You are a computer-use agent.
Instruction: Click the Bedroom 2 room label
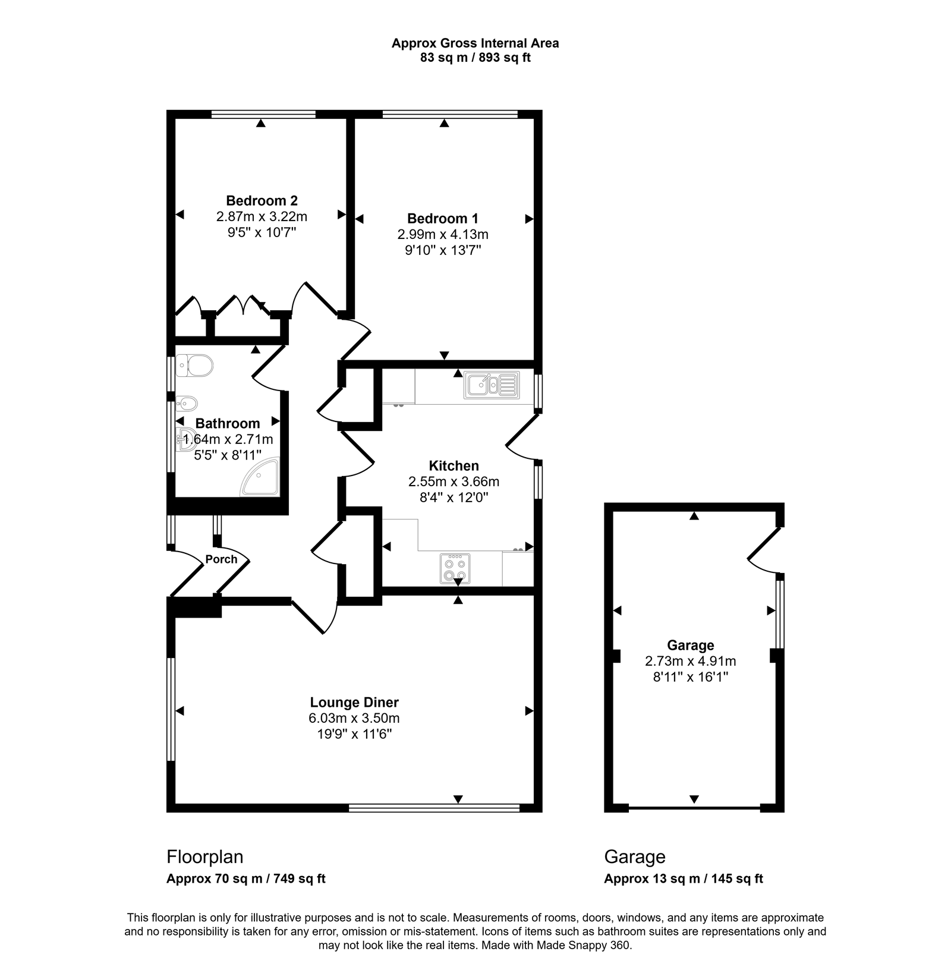pos(262,200)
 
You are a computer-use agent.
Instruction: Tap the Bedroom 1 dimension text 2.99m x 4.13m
pos(443,234)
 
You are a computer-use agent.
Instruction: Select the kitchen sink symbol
pos(492,385)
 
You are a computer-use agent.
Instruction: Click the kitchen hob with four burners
pos(455,569)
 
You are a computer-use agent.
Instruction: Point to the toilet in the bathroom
pos(195,366)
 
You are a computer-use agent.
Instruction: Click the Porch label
pos(221,559)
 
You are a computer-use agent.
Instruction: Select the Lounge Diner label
pos(354,702)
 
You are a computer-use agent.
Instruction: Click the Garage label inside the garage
pos(690,645)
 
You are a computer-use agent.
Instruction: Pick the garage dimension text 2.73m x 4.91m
pos(690,661)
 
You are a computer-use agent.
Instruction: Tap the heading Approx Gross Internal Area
pos(475,43)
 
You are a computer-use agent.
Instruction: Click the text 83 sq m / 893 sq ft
pos(475,58)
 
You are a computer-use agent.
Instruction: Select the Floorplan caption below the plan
pos(204,856)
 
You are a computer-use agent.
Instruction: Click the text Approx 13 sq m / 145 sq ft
pos(683,878)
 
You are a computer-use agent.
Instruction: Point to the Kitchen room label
pos(454,465)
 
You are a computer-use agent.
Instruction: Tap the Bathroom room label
pos(227,423)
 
